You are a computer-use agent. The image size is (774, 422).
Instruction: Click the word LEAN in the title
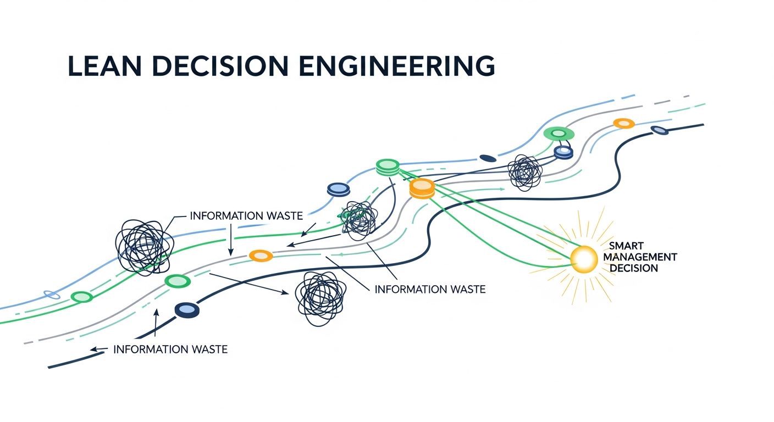coord(104,65)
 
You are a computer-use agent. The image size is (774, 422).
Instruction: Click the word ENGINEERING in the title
coord(397,65)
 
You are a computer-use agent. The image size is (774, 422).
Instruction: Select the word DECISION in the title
coord(220,65)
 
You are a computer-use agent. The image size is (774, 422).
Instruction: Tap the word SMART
coord(626,246)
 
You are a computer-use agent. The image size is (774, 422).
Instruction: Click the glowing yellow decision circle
coord(584,259)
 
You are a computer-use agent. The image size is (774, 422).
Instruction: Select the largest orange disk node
coord(422,188)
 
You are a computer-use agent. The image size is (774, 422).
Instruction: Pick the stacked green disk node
coord(388,167)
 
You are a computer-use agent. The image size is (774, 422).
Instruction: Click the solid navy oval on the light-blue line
coord(488,158)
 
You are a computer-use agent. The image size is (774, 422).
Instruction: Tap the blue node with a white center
coord(563,152)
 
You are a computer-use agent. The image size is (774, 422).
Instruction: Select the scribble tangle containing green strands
coord(358,221)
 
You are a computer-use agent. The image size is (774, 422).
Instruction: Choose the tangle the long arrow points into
coord(320,298)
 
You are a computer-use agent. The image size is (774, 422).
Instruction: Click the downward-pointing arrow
coord(230,240)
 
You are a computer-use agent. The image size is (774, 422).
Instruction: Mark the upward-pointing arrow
coord(156,323)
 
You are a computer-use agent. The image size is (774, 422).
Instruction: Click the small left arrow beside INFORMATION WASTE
coord(99,349)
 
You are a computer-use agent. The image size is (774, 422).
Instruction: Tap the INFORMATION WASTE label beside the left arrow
coord(170,349)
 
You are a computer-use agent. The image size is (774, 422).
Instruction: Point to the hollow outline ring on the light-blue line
coord(52,295)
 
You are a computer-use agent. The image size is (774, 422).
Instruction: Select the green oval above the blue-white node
coord(559,134)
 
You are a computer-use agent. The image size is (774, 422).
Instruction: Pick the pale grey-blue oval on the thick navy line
coord(659,130)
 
